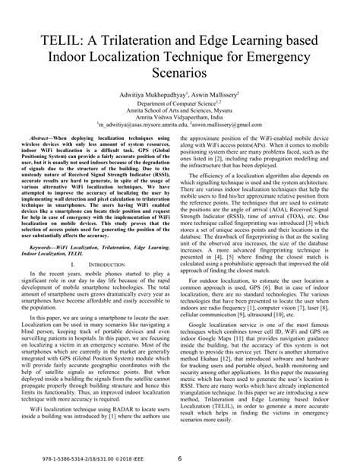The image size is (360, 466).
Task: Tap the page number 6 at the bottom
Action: (x=179, y=458)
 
